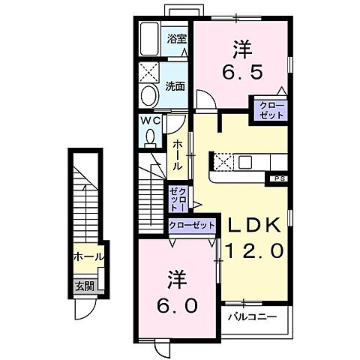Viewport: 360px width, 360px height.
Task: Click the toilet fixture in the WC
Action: coord(150,137)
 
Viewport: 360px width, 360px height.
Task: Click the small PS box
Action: coord(278,178)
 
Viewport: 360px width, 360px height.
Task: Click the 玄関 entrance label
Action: coord(84,285)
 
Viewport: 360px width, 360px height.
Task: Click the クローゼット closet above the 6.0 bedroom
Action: coord(190,224)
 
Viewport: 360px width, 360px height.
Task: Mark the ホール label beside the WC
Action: coord(178,154)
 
